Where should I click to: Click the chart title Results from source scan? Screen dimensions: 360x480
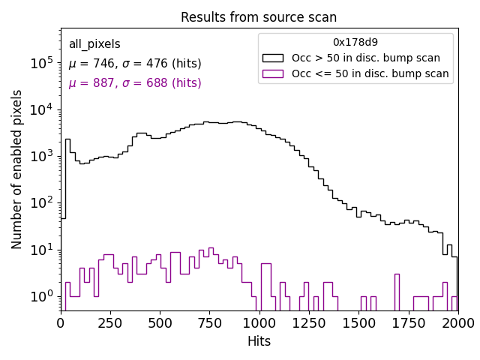(259, 17)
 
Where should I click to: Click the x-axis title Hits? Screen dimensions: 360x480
(259, 341)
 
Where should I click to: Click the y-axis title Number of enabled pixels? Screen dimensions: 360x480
(17, 169)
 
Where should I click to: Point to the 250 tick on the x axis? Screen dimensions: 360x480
(160, 322)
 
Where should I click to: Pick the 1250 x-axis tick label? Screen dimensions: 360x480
(309, 322)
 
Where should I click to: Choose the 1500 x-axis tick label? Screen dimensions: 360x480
(359, 322)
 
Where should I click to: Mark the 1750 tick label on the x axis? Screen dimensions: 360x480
(409, 322)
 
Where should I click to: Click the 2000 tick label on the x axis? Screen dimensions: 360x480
(458, 322)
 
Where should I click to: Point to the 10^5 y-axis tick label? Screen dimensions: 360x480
(41, 63)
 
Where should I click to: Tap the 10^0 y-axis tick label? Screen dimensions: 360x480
(41, 296)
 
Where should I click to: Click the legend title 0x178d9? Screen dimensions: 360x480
(355, 42)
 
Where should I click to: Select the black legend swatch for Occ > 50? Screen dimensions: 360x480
(274, 58)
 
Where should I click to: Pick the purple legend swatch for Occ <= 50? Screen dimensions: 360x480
(274, 73)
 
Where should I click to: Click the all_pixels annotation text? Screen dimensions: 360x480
(94, 44)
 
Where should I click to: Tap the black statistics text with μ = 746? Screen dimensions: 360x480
(135, 64)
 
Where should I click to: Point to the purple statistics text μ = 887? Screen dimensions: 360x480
(135, 83)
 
